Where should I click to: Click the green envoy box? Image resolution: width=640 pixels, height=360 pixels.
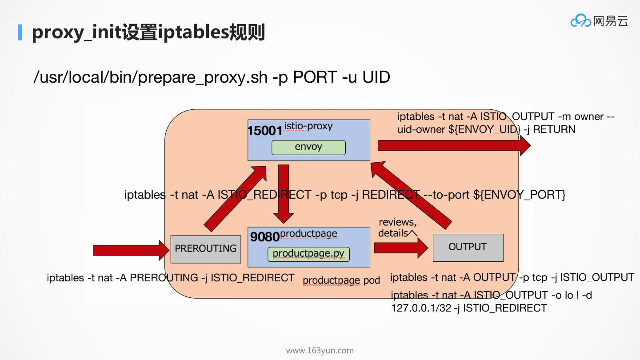point(308,147)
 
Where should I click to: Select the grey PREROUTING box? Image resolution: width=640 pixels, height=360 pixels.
point(206,248)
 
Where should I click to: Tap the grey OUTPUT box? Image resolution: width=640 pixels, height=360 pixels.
point(468,247)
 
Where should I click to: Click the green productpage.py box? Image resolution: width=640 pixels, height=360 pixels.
point(308,254)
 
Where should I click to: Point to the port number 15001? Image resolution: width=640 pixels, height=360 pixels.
point(265,130)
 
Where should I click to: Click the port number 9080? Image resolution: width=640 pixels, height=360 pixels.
point(265,236)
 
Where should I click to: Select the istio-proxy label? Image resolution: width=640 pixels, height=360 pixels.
point(308,126)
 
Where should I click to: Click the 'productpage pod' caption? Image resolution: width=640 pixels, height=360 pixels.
point(341,280)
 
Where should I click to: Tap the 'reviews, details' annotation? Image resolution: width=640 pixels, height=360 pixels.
point(398,228)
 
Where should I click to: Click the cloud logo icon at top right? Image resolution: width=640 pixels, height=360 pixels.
point(580,21)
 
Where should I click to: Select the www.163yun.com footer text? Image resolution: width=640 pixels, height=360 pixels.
point(320,351)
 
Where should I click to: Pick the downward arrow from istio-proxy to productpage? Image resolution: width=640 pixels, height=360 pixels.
point(283,193)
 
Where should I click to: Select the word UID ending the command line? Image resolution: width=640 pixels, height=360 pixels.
point(376,77)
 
